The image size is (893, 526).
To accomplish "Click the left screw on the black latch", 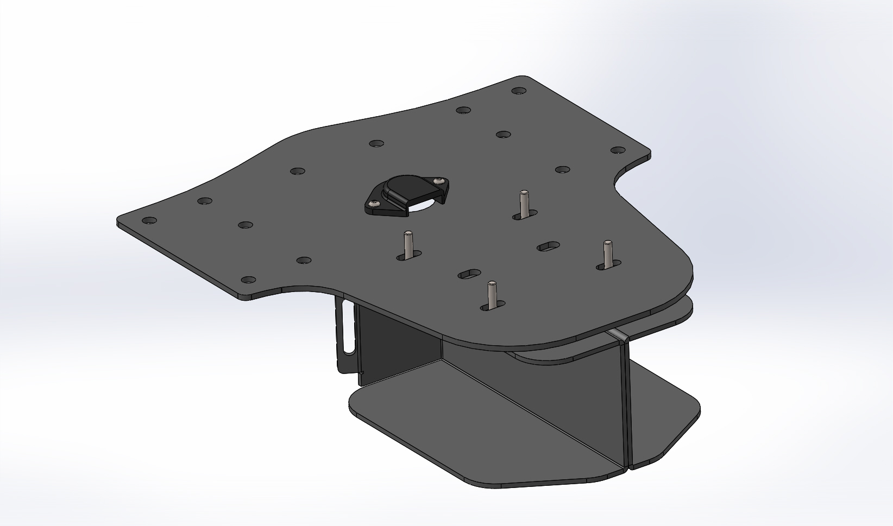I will (373, 204).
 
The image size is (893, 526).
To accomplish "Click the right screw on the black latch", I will (438, 181).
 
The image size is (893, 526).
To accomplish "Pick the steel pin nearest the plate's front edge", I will (492, 294).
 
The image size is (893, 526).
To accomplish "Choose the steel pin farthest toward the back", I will (524, 202).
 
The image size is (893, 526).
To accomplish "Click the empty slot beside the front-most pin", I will (469, 274).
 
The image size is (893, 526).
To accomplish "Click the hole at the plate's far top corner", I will (519, 91).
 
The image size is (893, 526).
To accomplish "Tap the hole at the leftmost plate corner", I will (149, 220).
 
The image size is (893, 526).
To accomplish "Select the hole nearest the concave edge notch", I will (618, 150).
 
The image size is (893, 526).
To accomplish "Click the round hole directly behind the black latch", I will (376, 144).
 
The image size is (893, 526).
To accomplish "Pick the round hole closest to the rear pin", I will (562, 170).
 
